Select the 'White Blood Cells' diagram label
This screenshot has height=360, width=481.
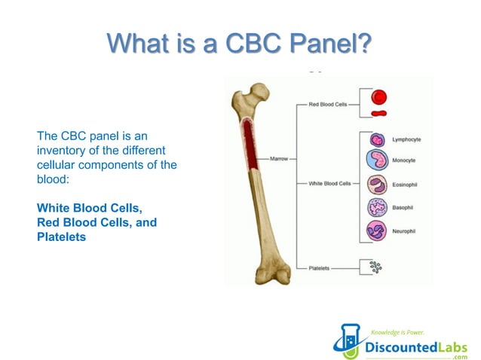329,183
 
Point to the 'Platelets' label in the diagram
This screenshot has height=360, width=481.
318,267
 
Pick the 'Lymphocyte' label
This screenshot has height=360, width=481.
406,139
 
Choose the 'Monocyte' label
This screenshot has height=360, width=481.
403,160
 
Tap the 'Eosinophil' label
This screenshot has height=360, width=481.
405,184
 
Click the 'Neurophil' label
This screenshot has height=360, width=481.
405,230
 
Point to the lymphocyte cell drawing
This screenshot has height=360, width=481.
376,139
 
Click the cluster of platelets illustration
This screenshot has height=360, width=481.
374,267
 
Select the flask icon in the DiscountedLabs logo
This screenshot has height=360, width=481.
348,340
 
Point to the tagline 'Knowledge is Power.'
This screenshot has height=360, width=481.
397,331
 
